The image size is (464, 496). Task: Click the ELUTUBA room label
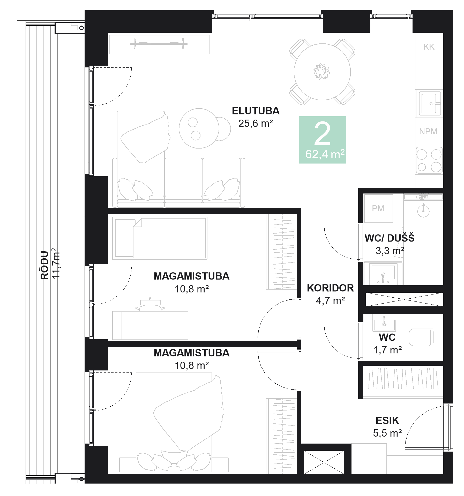coord(256,111)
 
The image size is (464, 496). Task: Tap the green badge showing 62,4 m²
coord(322,140)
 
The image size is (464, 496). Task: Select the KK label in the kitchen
coord(429,47)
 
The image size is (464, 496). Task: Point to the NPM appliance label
coord(428,131)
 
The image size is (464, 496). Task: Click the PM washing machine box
coord(378,208)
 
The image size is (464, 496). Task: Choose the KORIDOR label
coord(330,288)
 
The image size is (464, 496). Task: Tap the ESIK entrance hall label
coord(387,421)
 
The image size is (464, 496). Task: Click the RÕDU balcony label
coord(44,265)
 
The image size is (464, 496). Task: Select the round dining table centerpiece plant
coord(321,71)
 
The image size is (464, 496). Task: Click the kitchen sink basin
coord(429,104)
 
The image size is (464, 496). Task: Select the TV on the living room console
coord(159,43)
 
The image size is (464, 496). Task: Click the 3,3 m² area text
coord(390,251)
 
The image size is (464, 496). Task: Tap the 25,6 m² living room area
coord(256,123)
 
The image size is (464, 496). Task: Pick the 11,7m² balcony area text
coord(56,263)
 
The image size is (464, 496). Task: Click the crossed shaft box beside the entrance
coord(324,462)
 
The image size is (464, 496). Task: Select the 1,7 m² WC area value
coord(387,350)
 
